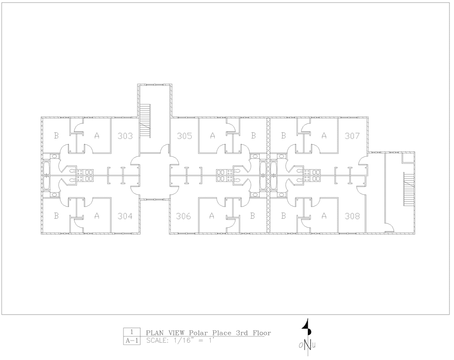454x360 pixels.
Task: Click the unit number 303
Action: tap(125, 136)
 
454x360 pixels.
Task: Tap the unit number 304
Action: tap(125, 216)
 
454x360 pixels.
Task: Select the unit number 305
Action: tap(184, 136)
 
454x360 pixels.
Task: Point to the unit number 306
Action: tap(183, 216)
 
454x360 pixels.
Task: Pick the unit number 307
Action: tap(352, 136)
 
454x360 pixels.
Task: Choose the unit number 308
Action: tap(352, 216)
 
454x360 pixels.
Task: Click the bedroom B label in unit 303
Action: tap(56, 135)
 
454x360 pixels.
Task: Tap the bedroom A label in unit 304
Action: tap(97, 216)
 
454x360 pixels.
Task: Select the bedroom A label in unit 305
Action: tap(212, 135)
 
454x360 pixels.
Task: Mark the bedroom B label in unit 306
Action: tap(252, 216)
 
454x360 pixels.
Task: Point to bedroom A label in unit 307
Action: tap(324, 135)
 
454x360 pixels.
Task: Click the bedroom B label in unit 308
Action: tap(283, 216)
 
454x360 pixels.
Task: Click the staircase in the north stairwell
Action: tap(145, 121)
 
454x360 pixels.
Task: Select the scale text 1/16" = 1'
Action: tap(192, 340)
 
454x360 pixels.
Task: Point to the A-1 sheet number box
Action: tap(132, 341)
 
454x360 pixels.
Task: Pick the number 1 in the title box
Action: tap(132, 332)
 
